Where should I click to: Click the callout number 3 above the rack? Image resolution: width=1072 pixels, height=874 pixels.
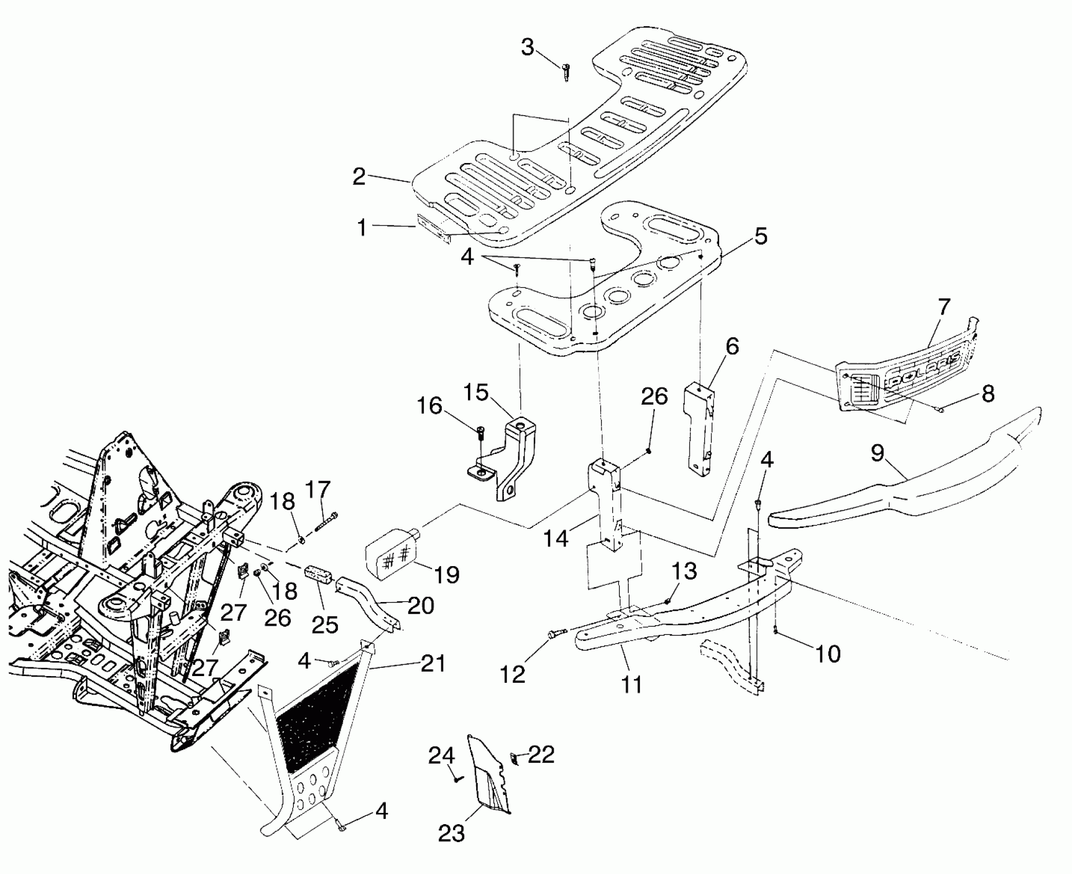[528, 47]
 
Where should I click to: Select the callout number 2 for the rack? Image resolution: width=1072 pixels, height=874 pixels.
[359, 176]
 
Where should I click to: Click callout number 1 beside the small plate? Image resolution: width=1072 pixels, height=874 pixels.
[362, 227]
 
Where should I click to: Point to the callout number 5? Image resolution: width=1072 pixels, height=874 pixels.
[761, 236]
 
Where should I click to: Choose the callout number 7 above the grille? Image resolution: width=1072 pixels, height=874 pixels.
[944, 307]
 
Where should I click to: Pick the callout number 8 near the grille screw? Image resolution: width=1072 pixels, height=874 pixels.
[987, 393]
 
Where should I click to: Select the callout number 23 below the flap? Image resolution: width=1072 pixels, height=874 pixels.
[451, 833]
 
